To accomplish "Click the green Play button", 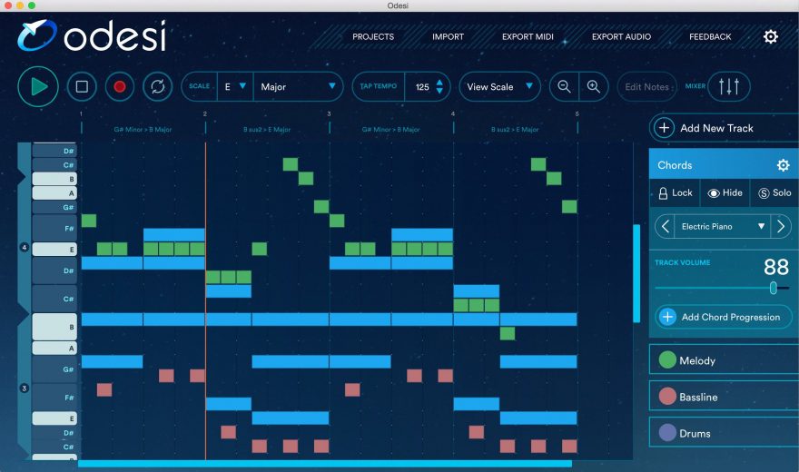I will pos(38,87).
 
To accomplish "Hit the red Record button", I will pos(119,87).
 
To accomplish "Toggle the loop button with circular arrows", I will pos(157,87).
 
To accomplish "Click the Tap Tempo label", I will pos(379,87).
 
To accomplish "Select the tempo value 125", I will pos(422,87).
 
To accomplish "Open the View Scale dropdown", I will pos(499,87).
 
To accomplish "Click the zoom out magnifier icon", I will pos(565,87).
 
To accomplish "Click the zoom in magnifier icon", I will pos(593,87).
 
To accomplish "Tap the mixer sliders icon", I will pos(728,87).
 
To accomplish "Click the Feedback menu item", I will pos(710,37).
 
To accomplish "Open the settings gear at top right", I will pos(771,37).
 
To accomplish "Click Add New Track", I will pos(716,128).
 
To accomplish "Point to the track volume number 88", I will pos(775,267).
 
